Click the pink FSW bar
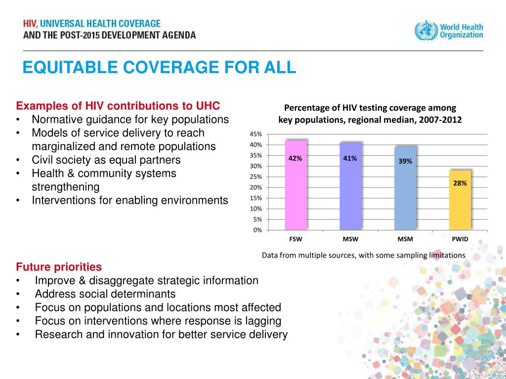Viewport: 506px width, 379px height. coord(295,186)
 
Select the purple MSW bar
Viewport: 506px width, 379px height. coord(350,186)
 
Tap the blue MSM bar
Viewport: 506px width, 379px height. coord(405,189)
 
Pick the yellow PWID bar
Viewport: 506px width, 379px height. coord(460,200)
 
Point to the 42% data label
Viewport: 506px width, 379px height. coord(295,158)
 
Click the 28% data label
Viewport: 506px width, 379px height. coord(460,183)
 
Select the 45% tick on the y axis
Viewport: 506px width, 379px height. coord(255,134)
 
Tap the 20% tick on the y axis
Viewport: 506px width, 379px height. coord(255,188)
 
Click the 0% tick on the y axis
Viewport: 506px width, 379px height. coord(257,230)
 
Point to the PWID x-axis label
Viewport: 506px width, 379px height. coord(460,239)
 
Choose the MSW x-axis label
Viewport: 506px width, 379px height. coord(350,239)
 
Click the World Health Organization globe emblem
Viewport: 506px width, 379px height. coord(425,31)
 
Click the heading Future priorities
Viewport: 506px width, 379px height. coord(59,267)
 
